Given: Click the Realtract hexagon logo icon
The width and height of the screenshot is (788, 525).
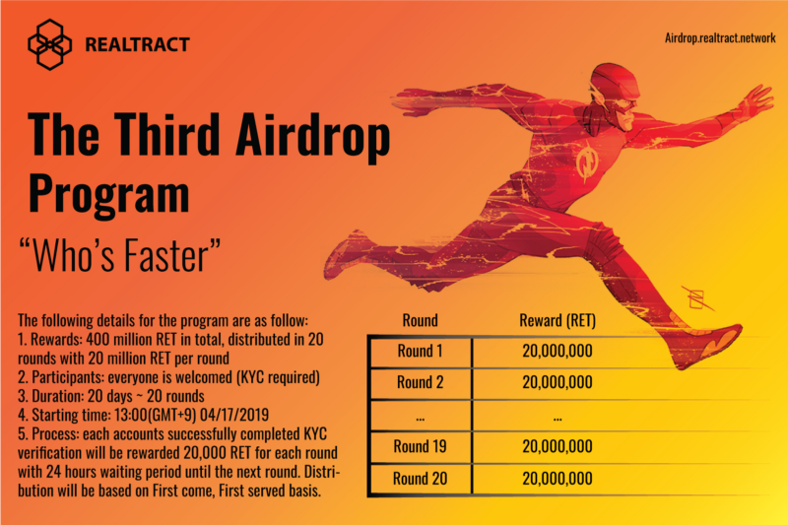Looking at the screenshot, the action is (49, 44).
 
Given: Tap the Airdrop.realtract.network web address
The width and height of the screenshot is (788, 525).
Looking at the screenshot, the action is (720, 38).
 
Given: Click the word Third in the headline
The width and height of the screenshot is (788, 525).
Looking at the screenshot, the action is (169, 134).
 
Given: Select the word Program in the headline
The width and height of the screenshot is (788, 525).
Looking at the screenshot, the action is (109, 194).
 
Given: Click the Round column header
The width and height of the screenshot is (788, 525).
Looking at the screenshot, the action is (421, 320).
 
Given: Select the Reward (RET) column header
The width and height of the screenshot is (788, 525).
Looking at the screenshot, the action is (558, 320).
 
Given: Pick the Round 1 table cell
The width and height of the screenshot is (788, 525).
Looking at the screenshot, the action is (421, 352).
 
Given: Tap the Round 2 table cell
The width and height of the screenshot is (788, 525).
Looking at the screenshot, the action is (421, 383).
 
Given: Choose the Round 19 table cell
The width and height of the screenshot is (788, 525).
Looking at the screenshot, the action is (421, 446).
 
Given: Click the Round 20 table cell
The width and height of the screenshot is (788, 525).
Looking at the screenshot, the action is (421, 479).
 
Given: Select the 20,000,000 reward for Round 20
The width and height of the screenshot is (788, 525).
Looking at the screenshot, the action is (558, 479).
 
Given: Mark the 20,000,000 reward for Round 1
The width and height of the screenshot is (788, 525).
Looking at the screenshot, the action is (558, 352).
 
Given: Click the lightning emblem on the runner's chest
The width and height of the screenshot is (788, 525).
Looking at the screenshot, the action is (586, 161).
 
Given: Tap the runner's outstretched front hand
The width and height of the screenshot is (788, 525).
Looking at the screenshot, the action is (754, 100).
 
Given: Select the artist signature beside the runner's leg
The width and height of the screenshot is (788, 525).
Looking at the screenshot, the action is (698, 298).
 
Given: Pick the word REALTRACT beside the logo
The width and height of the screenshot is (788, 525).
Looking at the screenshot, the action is (137, 44).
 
